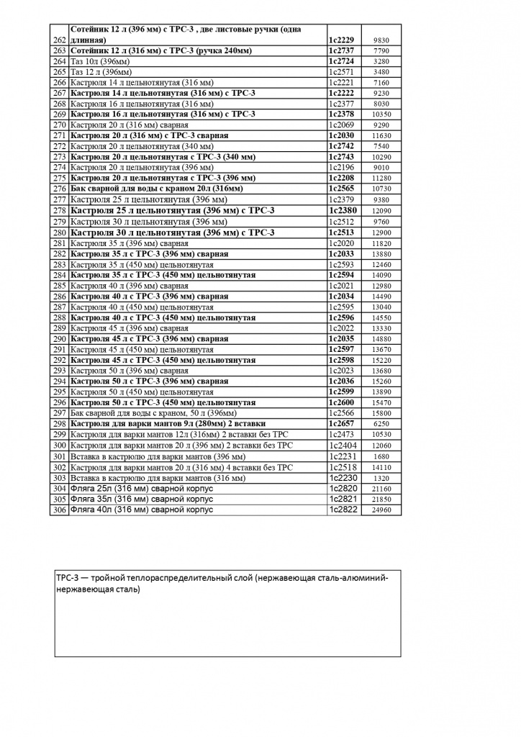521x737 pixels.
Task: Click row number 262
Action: pos(60,40)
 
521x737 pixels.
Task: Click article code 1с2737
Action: pos(341,52)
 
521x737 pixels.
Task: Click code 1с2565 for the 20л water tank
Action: pos(341,188)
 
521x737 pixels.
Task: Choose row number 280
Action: pos(60,232)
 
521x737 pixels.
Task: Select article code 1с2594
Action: pos(341,275)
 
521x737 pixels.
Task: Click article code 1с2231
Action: pos(341,456)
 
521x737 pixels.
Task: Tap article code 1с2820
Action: pos(341,488)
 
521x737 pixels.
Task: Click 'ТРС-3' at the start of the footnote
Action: pos(67,578)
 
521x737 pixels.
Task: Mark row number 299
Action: pos(60,435)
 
